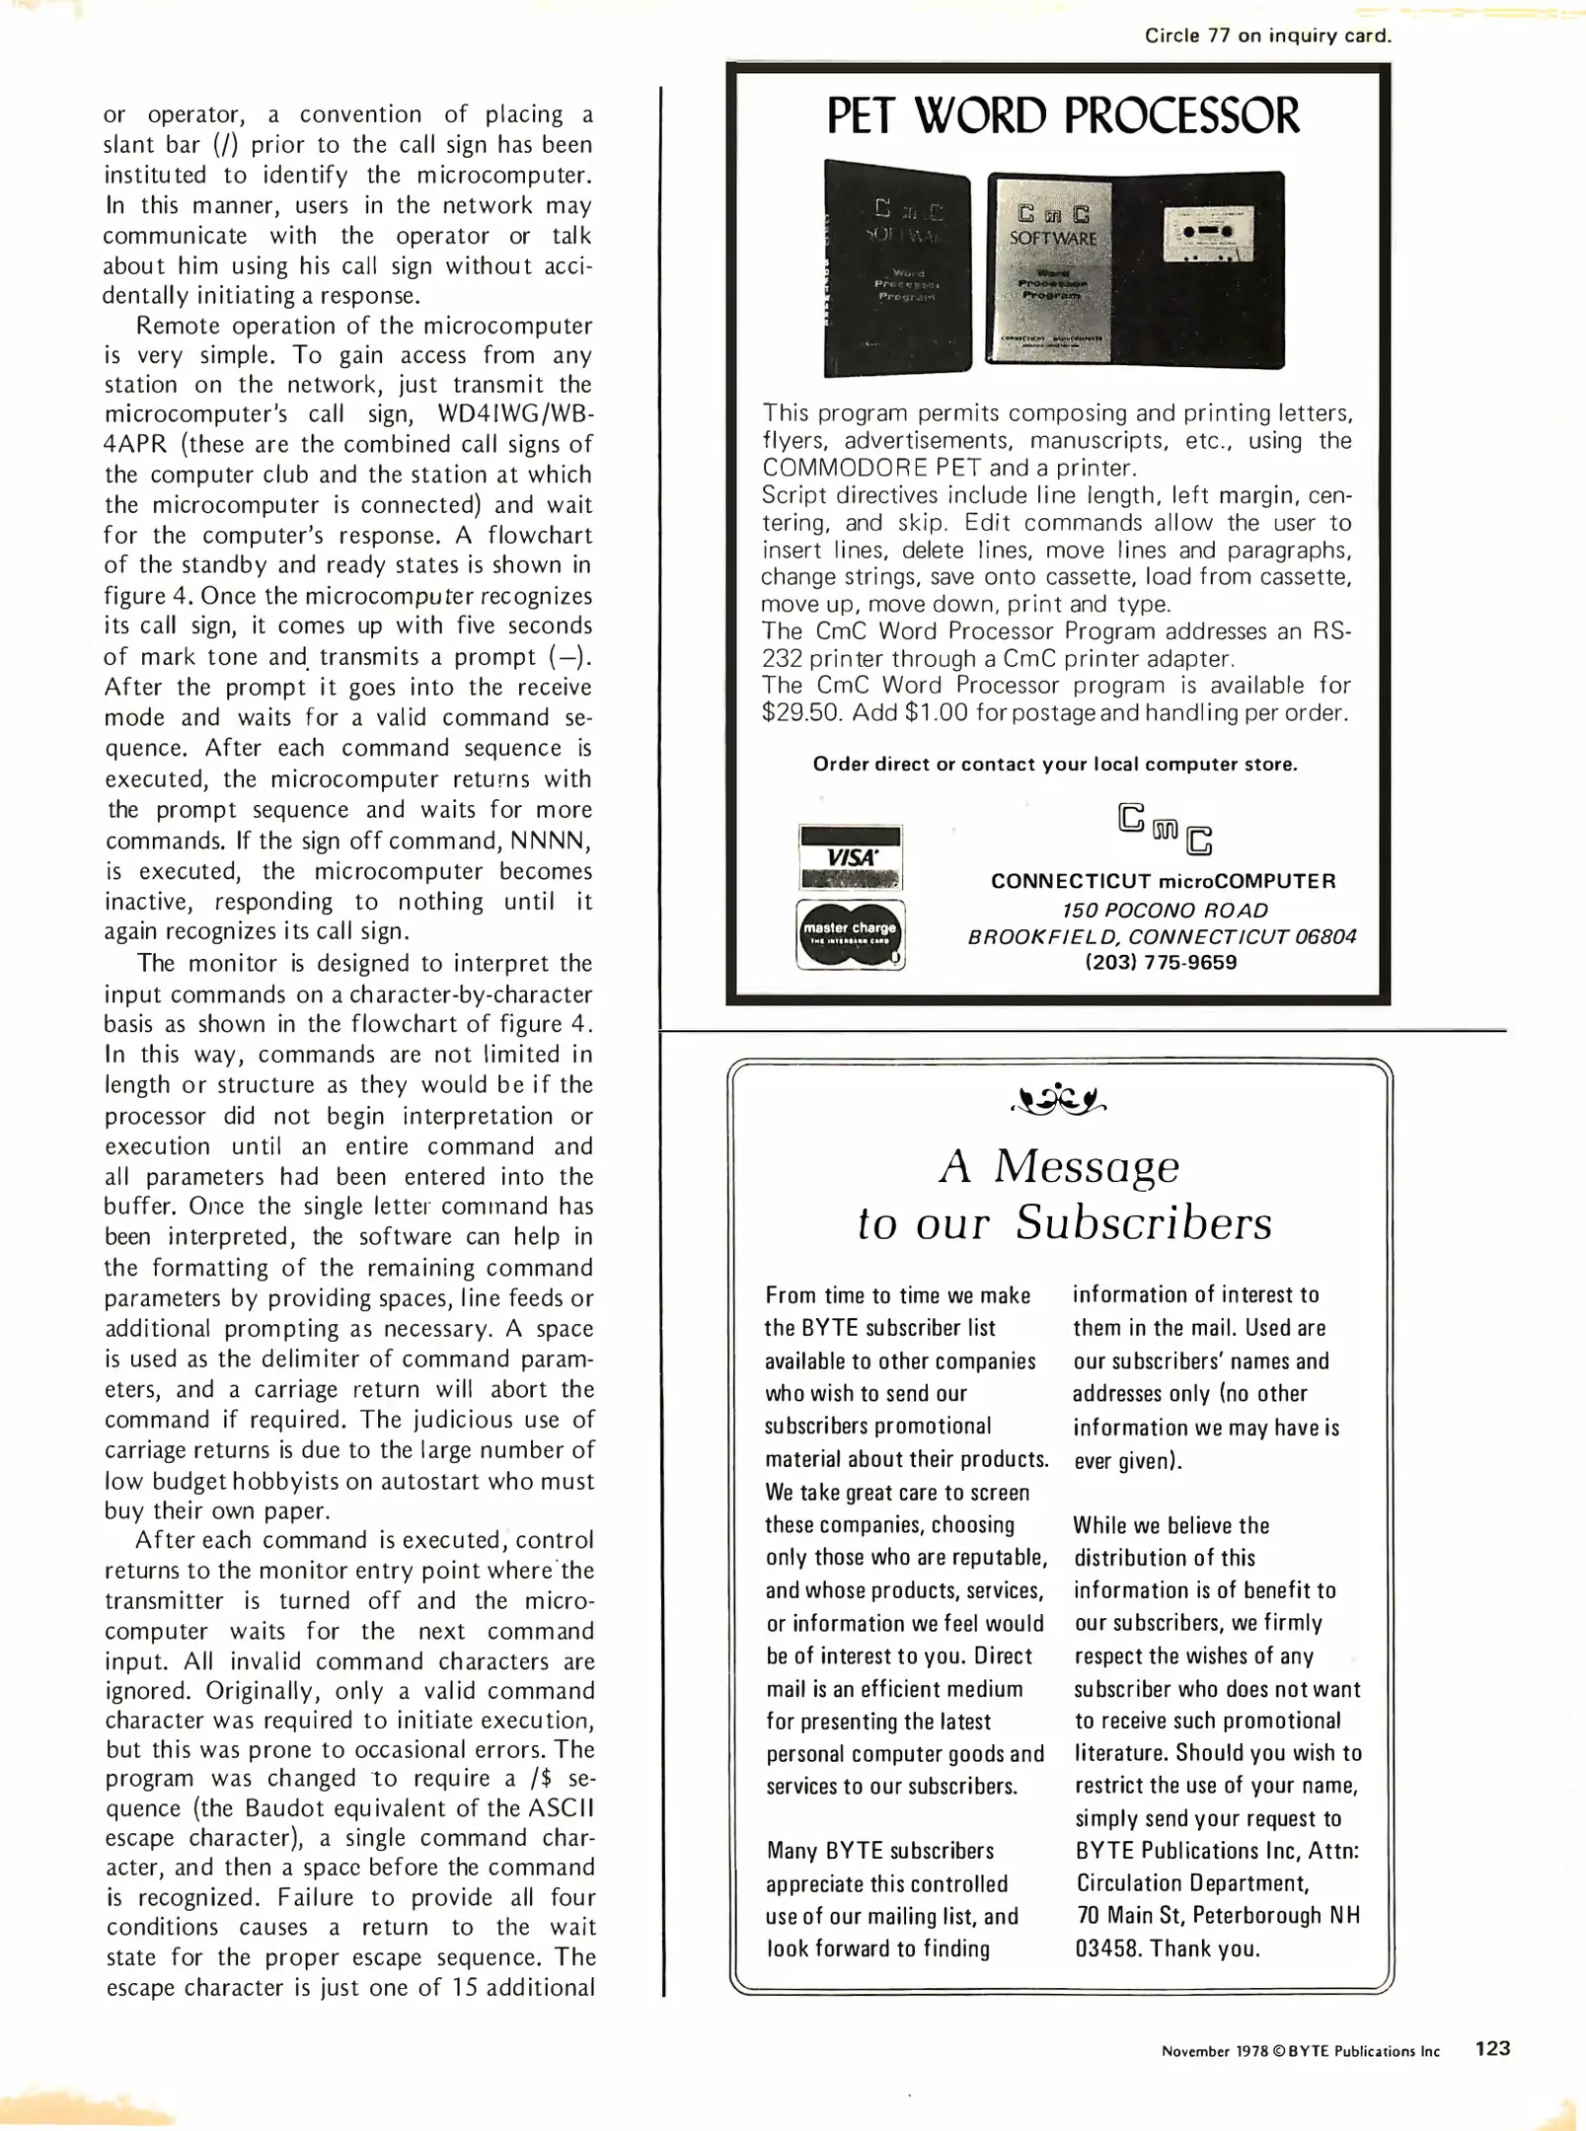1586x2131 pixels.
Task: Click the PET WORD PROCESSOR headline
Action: (x=1062, y=116)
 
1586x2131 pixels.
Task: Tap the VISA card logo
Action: (x=850, y=857)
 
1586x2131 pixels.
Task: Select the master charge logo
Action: (x=850, y=933)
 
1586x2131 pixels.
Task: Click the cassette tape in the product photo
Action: (x=1209, y=234)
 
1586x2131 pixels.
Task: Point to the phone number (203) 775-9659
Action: (x=1161, y=962)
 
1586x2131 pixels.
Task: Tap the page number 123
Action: (x=1491, y=2048)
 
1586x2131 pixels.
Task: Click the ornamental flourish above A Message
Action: (x=1059, y=1097)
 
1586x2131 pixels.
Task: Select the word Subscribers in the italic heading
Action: (x=1143, y=1223)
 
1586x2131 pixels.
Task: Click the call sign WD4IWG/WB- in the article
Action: (x=514, y=414)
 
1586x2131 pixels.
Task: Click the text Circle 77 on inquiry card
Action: (x=1266, y=36)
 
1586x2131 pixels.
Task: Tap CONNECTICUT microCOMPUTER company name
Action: (x=1163, y=881)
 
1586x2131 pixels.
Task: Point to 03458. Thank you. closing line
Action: (x=1167, y=1948)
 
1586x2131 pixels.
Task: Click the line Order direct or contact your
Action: (x=1054, y=764)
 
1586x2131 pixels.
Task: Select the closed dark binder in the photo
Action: (x=896, y=268)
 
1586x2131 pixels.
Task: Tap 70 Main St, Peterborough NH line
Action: (x=1217, y=1915)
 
